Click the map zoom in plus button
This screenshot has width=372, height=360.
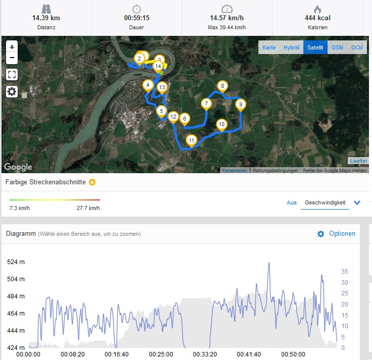point(12,46)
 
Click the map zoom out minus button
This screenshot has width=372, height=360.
point(12,58)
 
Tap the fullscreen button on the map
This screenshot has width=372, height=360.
point(12,75)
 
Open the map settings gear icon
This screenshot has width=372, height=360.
point(12,91)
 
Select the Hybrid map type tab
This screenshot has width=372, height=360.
point(291,47)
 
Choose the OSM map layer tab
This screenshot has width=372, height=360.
point(337,47)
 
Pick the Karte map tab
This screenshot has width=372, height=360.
point(269,47)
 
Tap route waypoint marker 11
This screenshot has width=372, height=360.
point(191,140)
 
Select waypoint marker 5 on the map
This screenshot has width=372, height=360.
point(162,111)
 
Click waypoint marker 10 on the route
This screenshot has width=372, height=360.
point(222,124)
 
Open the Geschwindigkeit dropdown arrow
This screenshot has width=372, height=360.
point(357,203)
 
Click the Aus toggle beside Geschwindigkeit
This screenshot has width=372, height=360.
point(292,202)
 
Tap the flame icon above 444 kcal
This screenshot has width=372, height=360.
point(317,9)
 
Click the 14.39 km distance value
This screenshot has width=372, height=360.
point(46,18)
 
